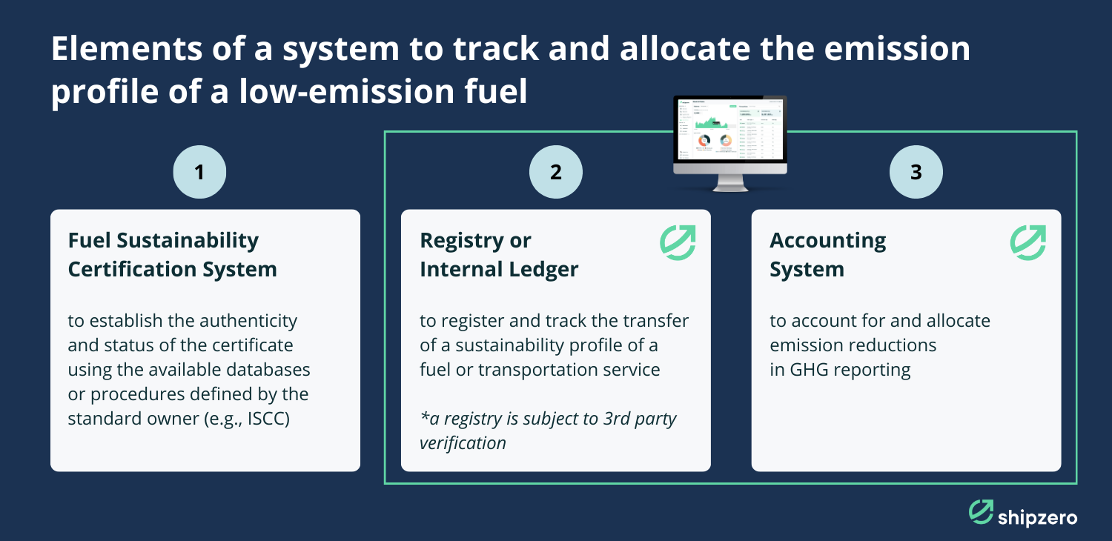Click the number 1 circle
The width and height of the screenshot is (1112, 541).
point(199,172)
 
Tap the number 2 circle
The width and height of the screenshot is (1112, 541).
point(555,172)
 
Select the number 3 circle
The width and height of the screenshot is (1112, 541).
point(916,172)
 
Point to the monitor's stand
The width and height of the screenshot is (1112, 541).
point(730,183)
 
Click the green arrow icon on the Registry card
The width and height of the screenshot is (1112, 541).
point(678,243)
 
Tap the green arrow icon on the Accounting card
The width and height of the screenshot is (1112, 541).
point(1028,243)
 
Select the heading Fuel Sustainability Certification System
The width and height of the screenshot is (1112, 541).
point(172,254)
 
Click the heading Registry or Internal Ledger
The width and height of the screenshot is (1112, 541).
point(498,254)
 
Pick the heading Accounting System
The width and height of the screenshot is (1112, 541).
point(827,254)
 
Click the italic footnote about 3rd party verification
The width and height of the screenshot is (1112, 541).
point(548,431)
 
